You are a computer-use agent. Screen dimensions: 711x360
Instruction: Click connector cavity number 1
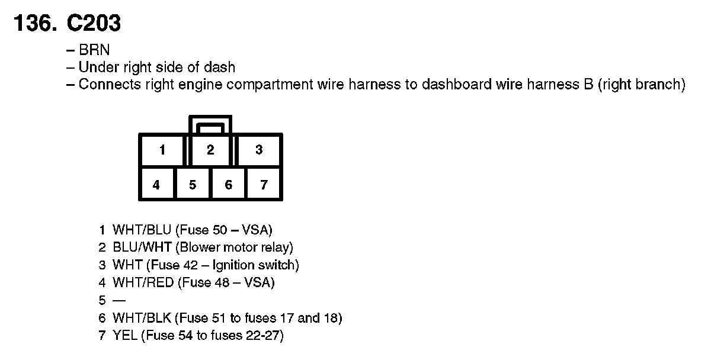(162, 150)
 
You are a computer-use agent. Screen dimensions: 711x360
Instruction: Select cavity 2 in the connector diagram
(210, 150)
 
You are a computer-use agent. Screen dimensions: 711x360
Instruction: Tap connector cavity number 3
(259, 150)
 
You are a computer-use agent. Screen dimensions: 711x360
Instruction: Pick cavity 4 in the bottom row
(156, 185)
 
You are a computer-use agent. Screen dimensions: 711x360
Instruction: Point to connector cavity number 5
(193, 185)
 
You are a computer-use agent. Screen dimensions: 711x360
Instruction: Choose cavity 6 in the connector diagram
(229, 185)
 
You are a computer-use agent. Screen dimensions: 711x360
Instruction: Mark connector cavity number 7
(264, 185)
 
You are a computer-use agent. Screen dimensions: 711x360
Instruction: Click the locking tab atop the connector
(210, 124)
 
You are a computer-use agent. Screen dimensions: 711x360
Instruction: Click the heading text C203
(95, 24)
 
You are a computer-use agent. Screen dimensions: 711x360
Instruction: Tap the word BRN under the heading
(94, 51)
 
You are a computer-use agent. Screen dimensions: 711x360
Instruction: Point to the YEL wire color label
(125, 336)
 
